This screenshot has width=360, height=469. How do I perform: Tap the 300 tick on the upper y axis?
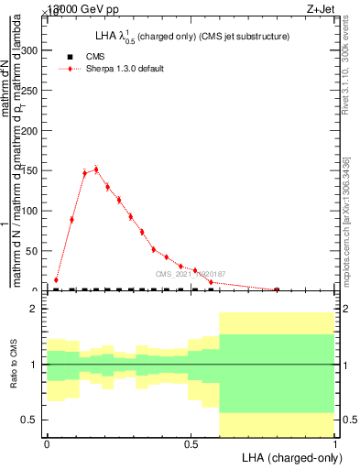[x=33, y=50]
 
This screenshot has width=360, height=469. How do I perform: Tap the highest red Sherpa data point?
[x=96, y=169]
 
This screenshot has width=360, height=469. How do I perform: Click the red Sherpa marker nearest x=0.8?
[x=277, y=289]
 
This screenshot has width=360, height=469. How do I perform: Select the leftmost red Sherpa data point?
[x=56, y=280]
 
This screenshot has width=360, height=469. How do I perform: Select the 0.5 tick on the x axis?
[x=191, y=442]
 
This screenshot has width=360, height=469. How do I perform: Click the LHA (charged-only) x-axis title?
[x=289, y=456]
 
